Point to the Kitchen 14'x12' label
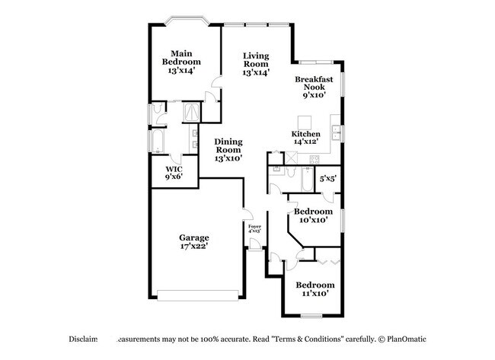pyautogui.click(x=305, y=138)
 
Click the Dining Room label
pyautogui.click(x=228, y=150)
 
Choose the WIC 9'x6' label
pyautogui.click(x=174, y=173)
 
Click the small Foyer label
pyautogui.click(x=255, y=228)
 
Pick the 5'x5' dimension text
pyautogui.click(x=328, y=179)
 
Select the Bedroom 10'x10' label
pyautogui.click(x=312, y=215)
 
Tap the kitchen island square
pyautogui.click(x=304, y=122)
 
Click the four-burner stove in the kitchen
pyautogui.click(x=314, y=160)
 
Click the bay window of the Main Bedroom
pyautogui.click(x=184, y=21)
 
